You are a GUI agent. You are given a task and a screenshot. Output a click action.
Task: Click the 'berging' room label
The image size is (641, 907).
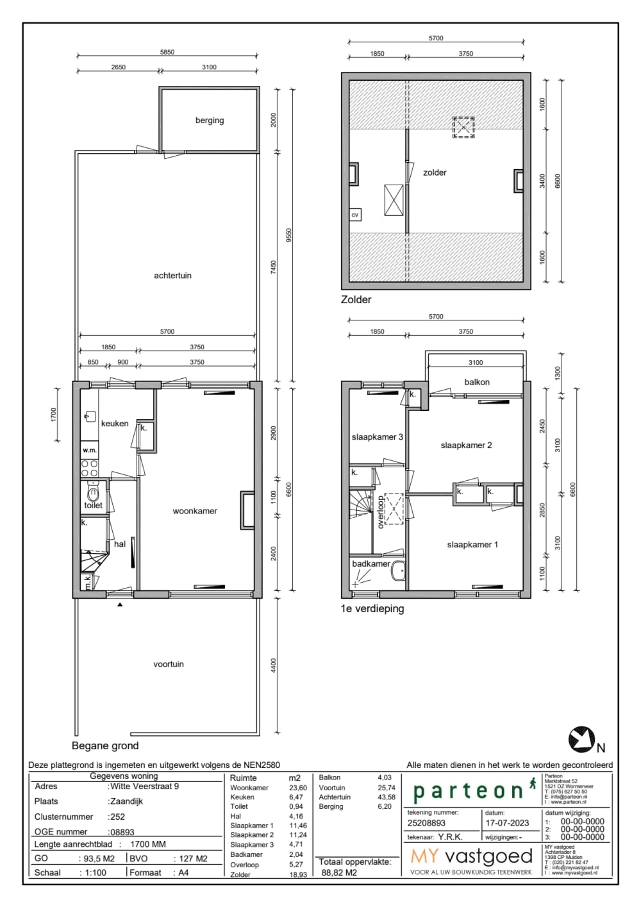210,121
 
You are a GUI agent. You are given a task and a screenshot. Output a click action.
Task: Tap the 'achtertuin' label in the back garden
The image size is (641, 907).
172,276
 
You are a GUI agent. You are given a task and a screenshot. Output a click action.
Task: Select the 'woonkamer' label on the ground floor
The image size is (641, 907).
194,511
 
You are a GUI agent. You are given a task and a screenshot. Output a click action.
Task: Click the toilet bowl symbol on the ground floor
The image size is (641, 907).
94,494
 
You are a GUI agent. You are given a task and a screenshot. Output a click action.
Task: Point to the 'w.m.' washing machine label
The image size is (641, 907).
90,450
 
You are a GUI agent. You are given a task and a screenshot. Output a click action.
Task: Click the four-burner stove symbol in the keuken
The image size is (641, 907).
90,468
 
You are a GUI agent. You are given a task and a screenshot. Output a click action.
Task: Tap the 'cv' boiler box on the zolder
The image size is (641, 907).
355,215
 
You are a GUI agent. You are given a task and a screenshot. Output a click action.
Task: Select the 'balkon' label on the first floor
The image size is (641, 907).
477,382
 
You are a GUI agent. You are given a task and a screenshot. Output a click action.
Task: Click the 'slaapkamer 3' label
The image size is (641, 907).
377,437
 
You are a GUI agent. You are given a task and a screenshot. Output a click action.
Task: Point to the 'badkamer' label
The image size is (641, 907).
370,563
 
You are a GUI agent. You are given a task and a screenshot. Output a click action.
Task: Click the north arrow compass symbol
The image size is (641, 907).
581,739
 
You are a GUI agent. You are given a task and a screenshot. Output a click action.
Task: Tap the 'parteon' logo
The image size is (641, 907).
469,791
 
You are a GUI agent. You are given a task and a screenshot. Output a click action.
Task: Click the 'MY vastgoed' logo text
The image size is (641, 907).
471,856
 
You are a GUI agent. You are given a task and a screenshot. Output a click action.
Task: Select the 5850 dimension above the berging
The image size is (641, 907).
167,53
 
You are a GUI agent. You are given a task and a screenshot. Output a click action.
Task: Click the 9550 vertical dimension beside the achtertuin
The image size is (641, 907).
288,236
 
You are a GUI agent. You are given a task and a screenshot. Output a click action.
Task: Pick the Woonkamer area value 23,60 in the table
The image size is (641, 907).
298,788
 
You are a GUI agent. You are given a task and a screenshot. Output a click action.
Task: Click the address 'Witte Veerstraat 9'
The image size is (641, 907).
144,786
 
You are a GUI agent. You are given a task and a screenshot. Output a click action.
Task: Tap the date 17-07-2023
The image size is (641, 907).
507,823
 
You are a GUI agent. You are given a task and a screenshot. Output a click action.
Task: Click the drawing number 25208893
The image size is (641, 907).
426,823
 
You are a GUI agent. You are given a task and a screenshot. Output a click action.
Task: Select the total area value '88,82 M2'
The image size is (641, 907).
339,872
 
